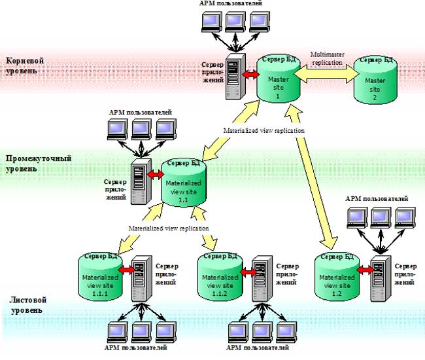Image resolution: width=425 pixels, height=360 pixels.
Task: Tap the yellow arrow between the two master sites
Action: (323, 76)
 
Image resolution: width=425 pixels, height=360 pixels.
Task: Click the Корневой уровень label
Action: (27, 65)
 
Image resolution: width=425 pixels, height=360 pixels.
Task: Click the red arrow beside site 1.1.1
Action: (126, 268)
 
